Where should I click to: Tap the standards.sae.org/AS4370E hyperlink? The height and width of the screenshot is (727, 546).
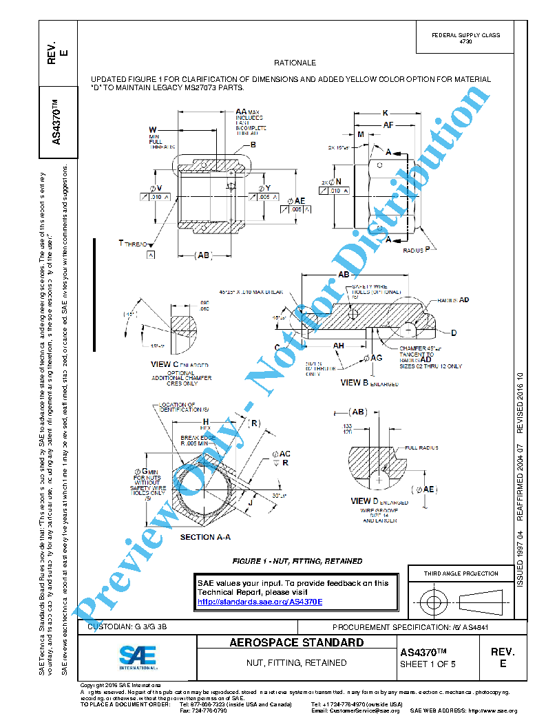(x=260, y=601)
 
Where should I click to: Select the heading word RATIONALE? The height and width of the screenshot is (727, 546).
(x=295, y=63)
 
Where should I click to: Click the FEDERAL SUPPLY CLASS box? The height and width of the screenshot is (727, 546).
(x=465, y=38)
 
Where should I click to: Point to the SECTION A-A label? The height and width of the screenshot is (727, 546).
(x=205, y=537)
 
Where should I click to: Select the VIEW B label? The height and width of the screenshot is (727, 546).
(x=359, y=383)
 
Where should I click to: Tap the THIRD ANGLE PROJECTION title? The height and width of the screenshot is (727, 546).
(x=461, y=573)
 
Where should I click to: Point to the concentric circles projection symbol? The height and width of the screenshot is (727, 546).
(x=432, y=602)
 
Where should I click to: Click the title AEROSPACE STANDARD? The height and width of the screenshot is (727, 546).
(x=296, y=643)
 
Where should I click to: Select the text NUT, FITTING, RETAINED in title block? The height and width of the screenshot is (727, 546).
(x=296, y=663)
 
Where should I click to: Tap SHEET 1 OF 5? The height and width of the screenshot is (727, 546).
(x=428, y=664)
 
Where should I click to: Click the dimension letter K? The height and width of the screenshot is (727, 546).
(x=386, y=112)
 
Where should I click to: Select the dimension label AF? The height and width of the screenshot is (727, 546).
(x=388, y=125)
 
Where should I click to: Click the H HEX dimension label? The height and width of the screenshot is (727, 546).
(x=205, y=421)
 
